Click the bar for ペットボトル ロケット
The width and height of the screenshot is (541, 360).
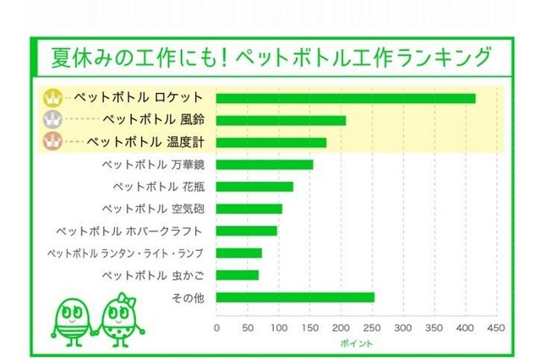346,98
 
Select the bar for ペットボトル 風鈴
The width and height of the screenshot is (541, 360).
281,120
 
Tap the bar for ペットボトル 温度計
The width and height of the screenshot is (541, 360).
271,142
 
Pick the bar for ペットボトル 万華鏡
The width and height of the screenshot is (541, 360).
265,164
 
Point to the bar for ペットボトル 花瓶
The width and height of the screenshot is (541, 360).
254,186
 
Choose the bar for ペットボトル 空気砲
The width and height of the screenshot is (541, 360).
249,208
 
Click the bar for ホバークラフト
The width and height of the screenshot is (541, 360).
247,230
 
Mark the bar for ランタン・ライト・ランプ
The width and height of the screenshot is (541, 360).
239,252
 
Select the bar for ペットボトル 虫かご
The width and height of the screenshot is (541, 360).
238,274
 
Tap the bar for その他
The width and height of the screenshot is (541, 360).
295,297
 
